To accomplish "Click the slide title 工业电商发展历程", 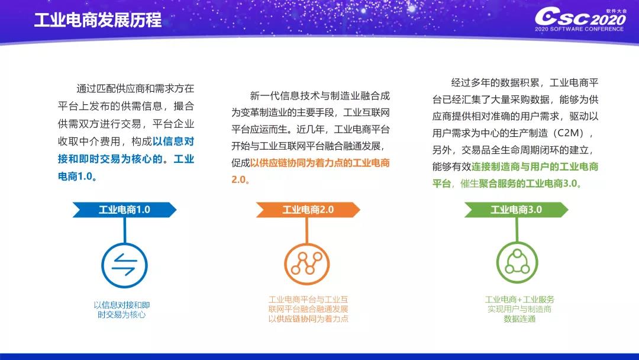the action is [x=98, y=20].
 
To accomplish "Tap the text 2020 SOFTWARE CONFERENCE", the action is [x=579, y=29].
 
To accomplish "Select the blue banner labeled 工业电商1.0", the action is [x=124, y=210].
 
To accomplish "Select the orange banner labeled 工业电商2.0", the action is [x=308, y=210].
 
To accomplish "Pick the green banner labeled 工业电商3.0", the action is [x=516, y=210].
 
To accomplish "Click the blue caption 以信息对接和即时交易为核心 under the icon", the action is [x=122, y=310].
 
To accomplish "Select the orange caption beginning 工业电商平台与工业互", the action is [x=308, y=309].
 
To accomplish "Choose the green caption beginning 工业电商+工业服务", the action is [x=519, y=309].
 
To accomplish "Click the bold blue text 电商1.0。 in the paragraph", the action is [x=77, y=176].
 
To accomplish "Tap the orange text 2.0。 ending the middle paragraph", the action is [x=240, y=179].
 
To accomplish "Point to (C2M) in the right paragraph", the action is [x=569, y=133].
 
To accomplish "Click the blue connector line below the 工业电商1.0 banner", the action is [x=124, y=230].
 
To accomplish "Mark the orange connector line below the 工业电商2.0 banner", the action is [x=307, y=230].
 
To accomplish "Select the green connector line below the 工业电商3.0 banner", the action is [x=517, y=230].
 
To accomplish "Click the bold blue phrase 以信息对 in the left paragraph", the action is [x=173, y=142].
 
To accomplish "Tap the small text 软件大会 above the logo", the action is [x=616, y=11].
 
